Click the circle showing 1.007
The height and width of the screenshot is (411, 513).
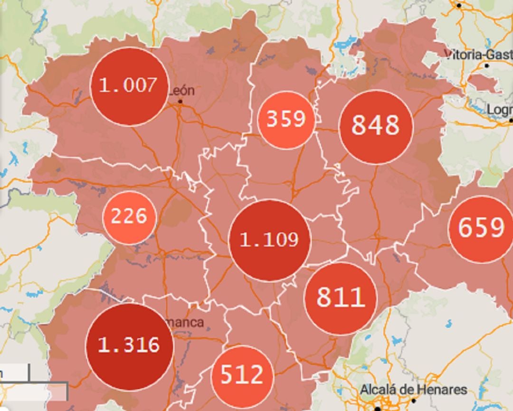(129, 86)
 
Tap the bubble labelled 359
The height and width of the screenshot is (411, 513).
(285, 120)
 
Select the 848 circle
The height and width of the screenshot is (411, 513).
(376, 127)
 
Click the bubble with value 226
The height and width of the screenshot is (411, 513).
(129, 217)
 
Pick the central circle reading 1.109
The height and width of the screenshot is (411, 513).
(269, 240)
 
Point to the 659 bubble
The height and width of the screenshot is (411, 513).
(481, 229)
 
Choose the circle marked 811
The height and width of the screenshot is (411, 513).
(341, 299)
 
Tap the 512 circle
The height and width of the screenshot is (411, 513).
(242, 376)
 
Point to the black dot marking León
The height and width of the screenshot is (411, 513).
(180, 102)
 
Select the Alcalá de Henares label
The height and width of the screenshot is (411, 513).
(413, 390)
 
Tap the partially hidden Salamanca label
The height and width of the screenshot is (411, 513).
(188, 323)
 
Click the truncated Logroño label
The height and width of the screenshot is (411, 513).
(499, 110)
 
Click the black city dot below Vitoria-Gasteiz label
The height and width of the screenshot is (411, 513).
(486, 65)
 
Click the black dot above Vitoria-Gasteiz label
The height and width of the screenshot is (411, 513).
(459, 6)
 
